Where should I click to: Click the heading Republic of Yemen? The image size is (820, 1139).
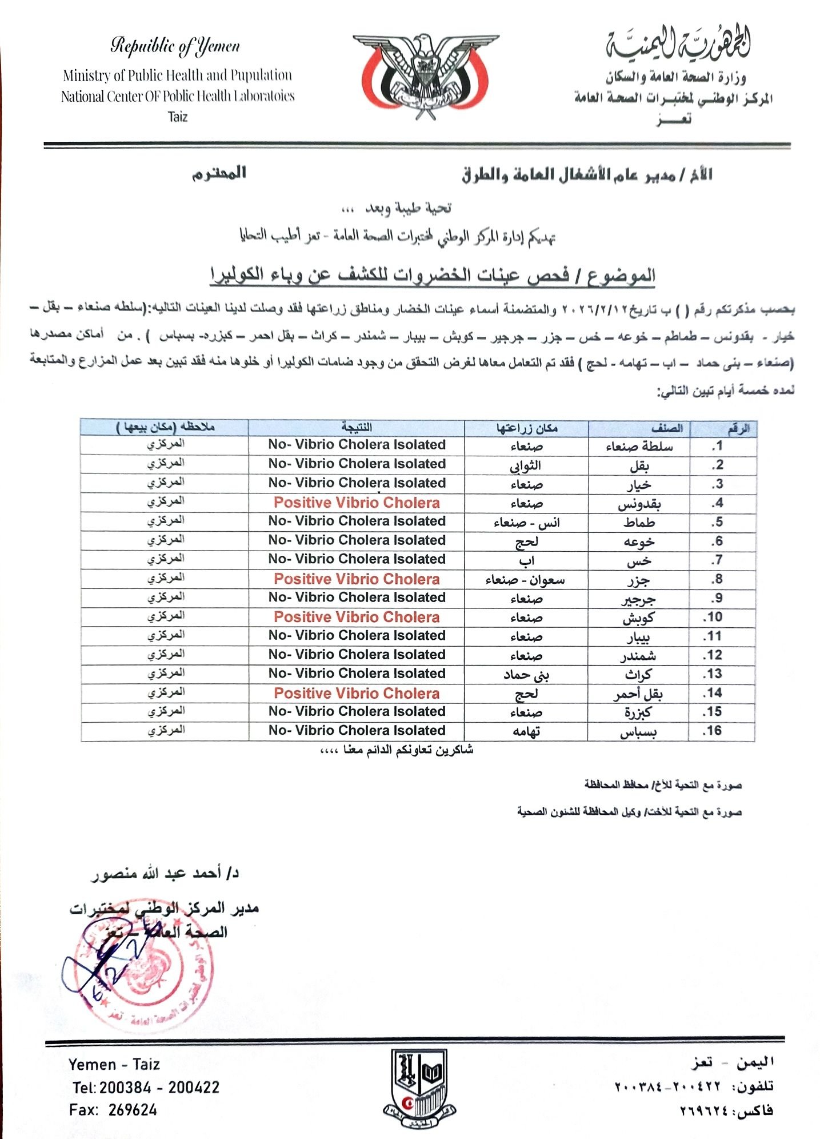175,46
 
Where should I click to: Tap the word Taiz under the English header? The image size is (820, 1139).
178,117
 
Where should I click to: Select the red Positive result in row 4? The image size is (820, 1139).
357,503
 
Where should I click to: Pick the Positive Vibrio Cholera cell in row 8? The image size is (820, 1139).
357,579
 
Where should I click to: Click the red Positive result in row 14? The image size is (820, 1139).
357,693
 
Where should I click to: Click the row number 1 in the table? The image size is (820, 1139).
718,445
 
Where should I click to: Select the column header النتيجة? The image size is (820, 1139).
357,427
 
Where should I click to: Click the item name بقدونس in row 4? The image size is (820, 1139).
639,504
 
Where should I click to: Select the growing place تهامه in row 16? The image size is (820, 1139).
526,731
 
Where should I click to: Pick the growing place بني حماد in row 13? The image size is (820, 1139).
526,675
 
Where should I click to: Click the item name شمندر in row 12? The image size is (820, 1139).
639,656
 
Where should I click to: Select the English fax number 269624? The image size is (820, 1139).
132,1110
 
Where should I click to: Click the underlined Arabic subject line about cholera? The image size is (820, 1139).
433,276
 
